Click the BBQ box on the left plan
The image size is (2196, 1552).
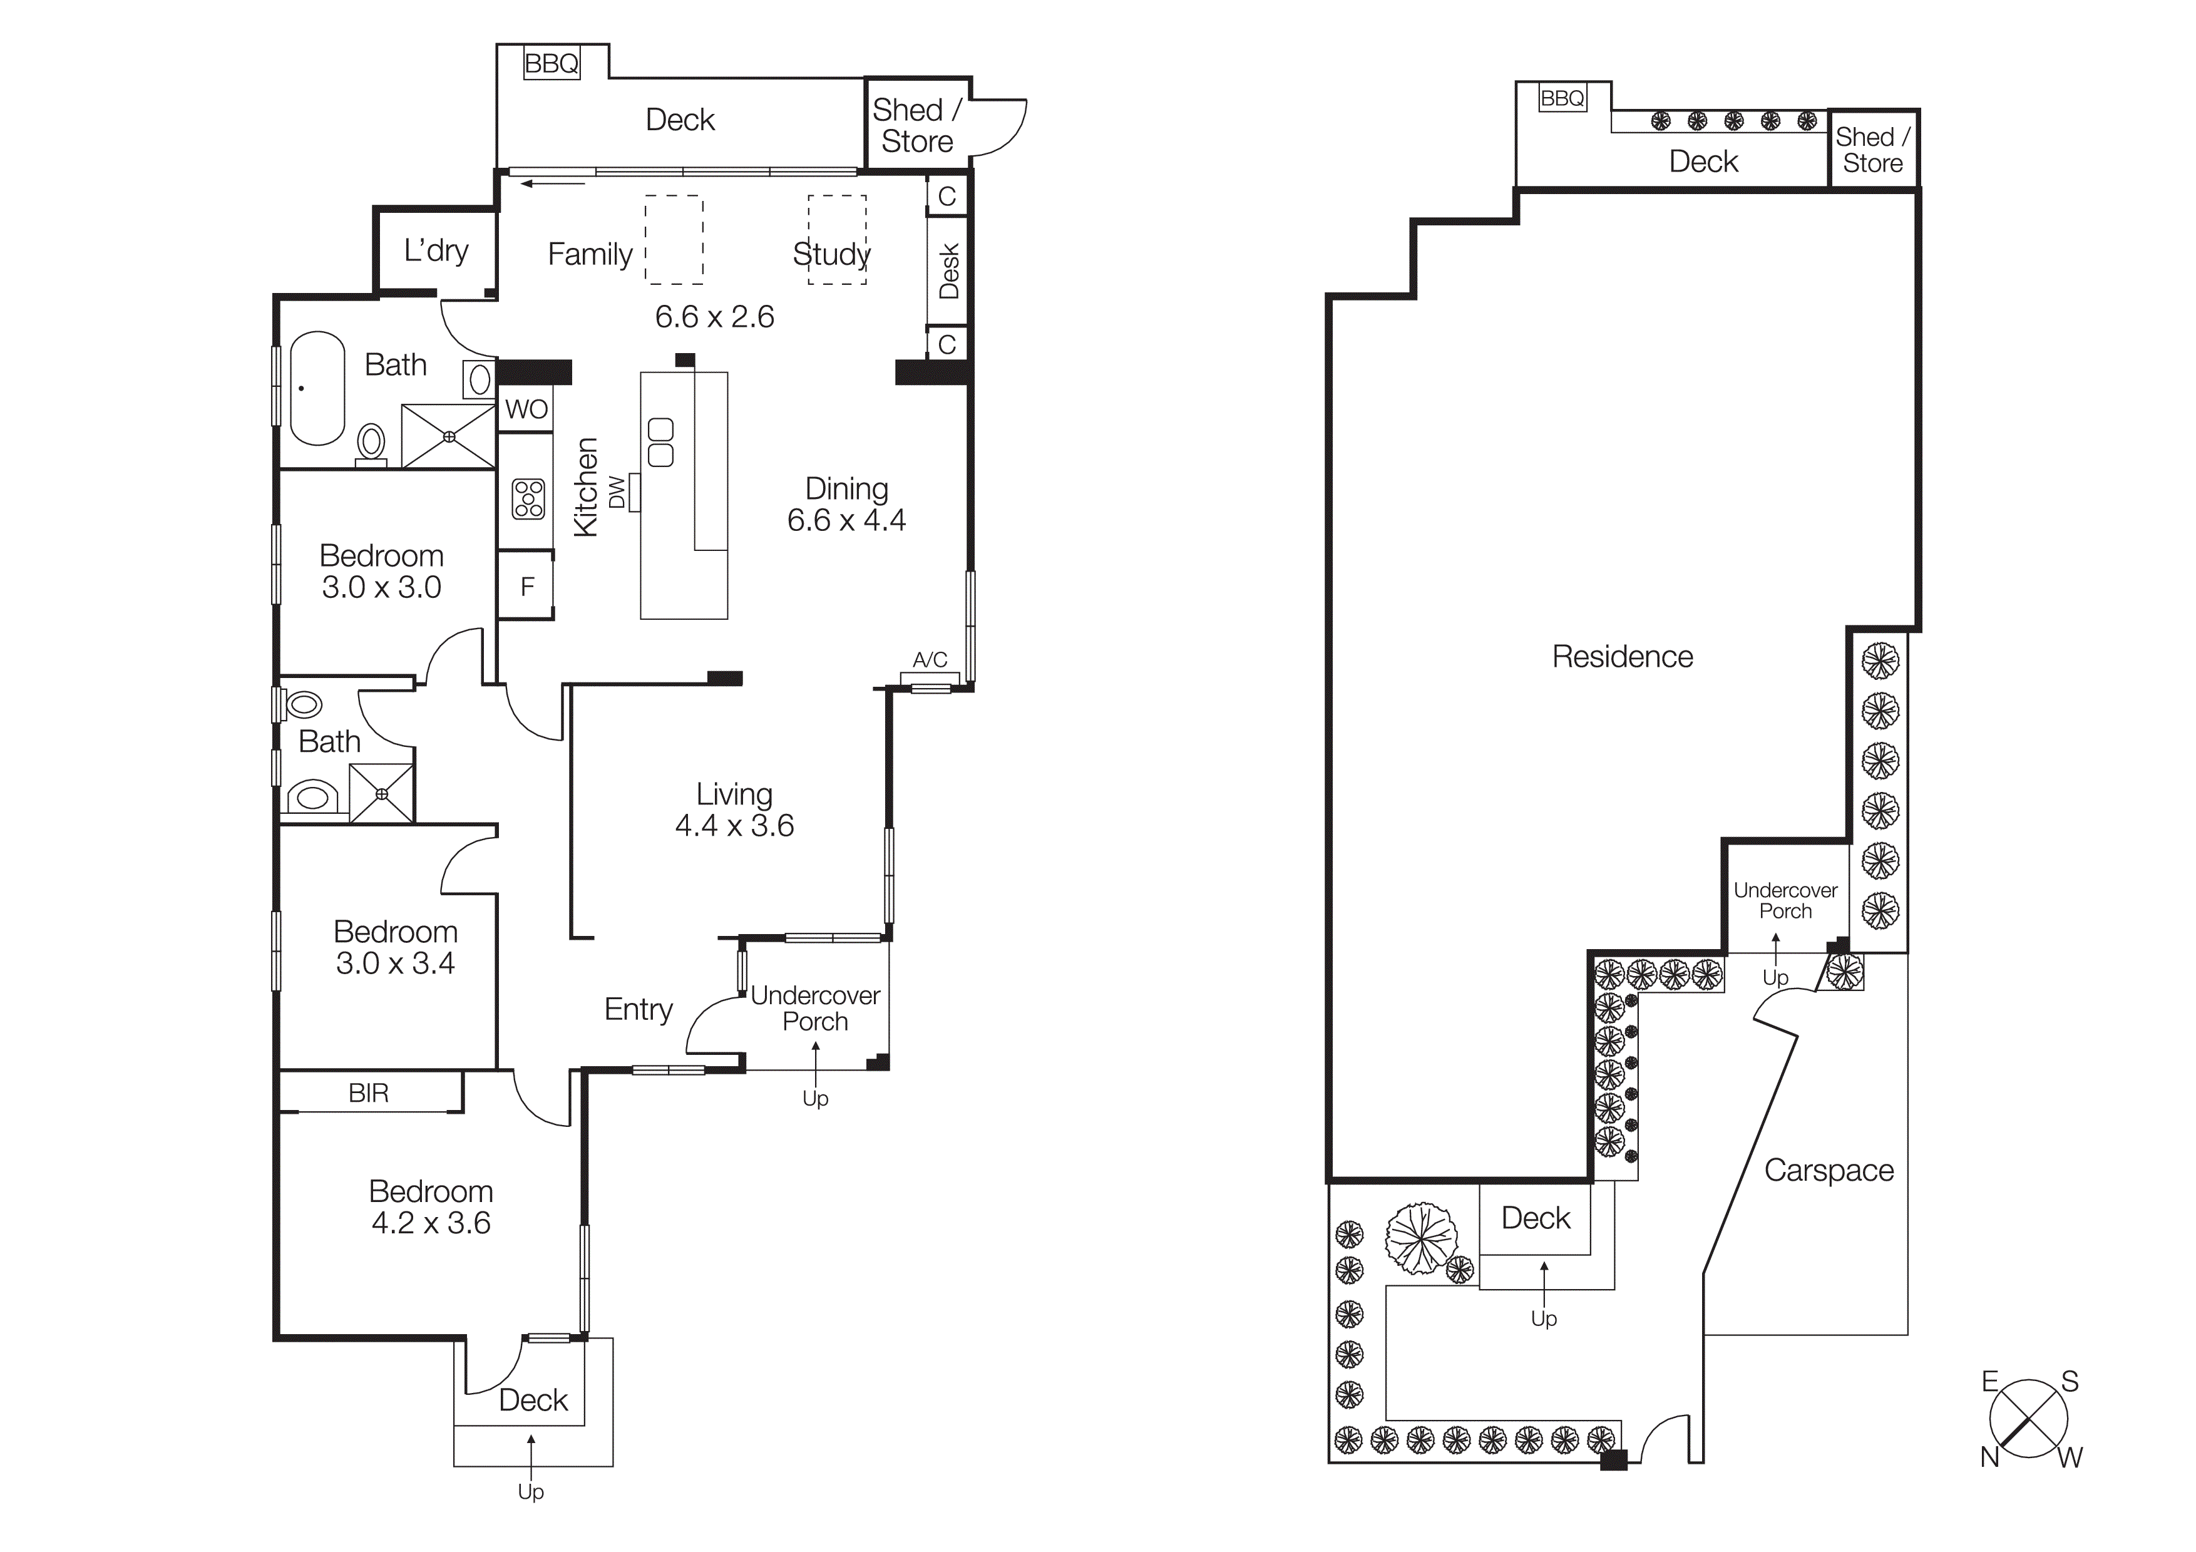pyautogui.click(x=552, y=64)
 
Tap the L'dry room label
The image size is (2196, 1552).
pyautogui.click(x=436, y=250)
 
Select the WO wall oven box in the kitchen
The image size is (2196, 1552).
pyautogui.click(x=526, y=409)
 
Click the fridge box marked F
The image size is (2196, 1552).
pyautogui.click(x=526, y=586)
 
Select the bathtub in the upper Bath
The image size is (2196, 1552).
pyautogui.click(x=317, y=388)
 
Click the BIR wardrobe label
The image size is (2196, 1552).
pyautogui.click(x=368, y=1093)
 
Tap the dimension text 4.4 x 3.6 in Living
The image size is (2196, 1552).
pyautogui.click(x=734, y=825)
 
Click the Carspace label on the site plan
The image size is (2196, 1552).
pyautogui.click(x=1828, y=1171)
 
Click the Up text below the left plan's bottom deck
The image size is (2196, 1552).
pyautogui.click(x=531, y=1492)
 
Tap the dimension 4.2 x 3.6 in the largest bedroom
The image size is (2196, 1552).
pyautogui.click(x=431, y=1223)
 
